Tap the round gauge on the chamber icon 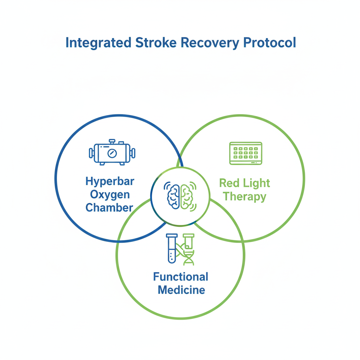tap(112, 154)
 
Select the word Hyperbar tap(110, 182)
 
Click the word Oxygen tap(110, 194)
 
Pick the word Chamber tap(109, 207)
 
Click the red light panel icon tap(246, 153)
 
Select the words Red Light tap(244, 183)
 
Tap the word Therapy tap(244, 196)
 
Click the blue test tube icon tap(172, 248)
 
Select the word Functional tap(181, 277)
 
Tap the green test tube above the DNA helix tap(189, 240)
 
